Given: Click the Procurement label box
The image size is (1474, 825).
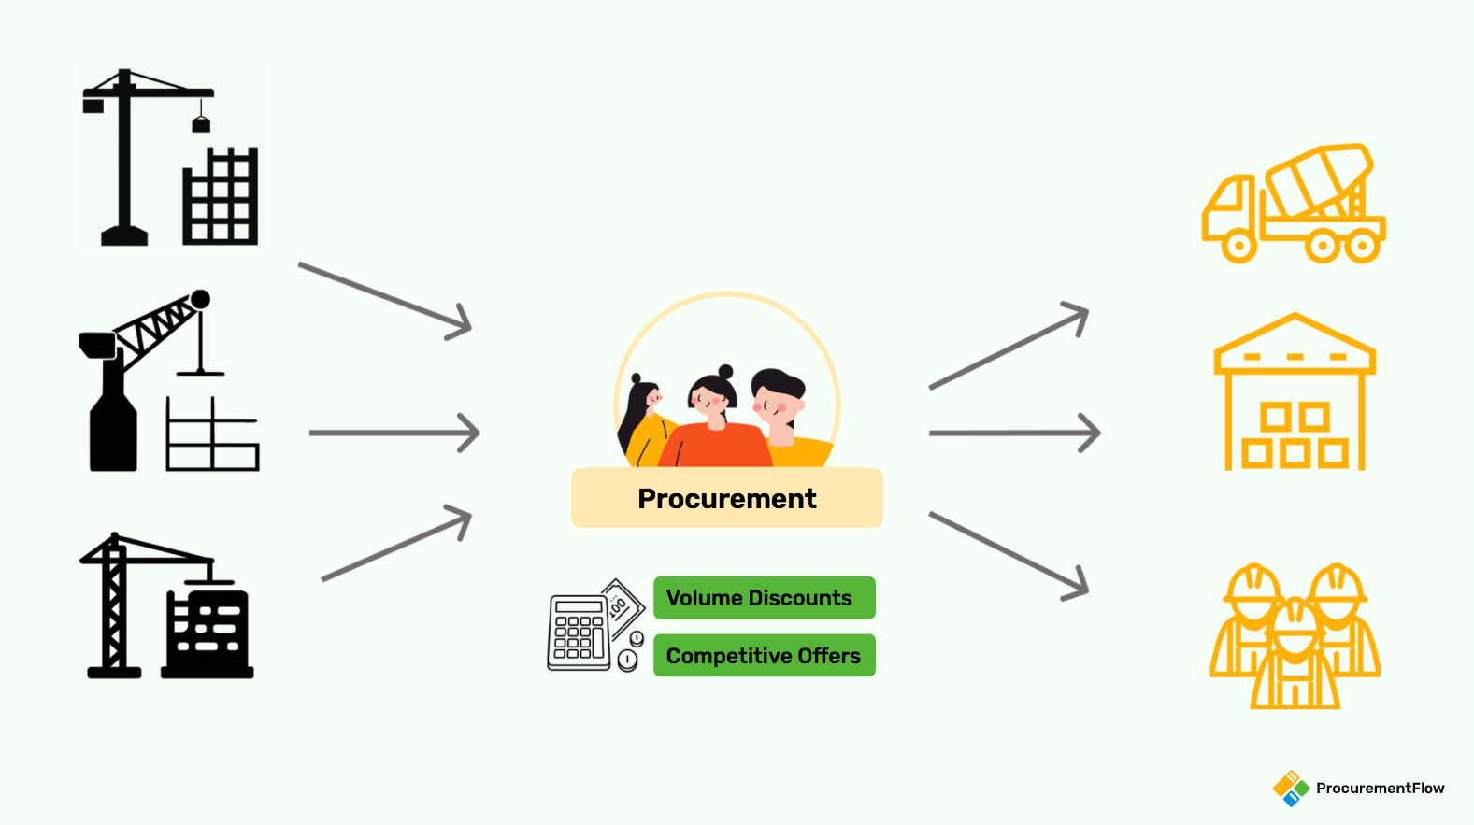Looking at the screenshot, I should pos(726,498).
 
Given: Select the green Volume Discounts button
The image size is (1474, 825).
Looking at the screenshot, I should pos(764,598).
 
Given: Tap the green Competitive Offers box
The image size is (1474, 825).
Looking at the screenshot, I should pos(764,655).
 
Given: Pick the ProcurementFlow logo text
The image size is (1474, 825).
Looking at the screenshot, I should pos(1380,788).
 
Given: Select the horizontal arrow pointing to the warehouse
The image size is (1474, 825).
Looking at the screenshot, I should pos(1014,433).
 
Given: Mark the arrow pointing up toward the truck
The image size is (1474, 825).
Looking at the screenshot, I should pos(1009,347).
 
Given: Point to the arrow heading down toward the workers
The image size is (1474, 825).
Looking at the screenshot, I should pos(1009,555).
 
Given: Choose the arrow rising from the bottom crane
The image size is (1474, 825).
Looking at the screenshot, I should pos(396,543).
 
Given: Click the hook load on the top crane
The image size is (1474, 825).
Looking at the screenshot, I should pos(201,123).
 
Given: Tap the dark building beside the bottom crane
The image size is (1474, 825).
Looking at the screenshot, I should pos(208,631).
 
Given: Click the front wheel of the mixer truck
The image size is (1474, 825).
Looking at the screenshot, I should pos(1238,247).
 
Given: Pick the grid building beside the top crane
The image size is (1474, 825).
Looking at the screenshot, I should pos(220,197).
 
